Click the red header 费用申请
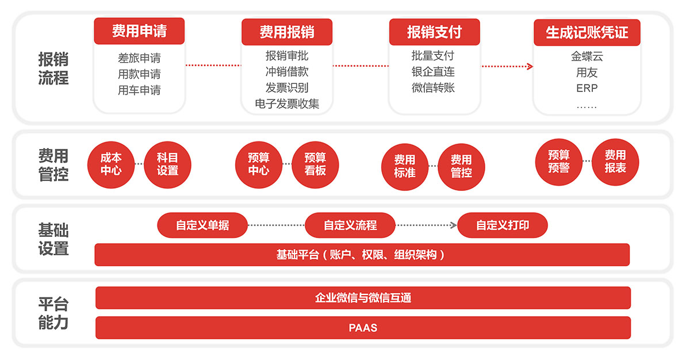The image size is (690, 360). tap(139, 31)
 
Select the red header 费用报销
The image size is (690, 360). tap(286, 32)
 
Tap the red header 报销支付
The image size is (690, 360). tap(434, 32)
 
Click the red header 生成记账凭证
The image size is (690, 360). tap(586, 32)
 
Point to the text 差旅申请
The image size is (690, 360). tap(139, 58)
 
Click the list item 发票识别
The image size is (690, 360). tap(286, 88)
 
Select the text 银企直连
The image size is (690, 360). tap(433, 72)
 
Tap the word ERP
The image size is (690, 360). tap(586, 89)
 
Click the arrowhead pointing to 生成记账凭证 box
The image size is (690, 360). tap(530, 66)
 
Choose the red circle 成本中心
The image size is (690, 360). tap(111, 163)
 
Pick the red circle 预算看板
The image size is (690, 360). tap(315, 163)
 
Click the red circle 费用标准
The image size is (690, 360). tap(405, 166)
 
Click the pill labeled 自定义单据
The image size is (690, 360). tap(202, 225)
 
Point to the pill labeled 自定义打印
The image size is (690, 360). tap(502, 225)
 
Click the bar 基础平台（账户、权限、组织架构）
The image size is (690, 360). tap(362, 255)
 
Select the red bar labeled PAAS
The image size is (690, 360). tap(363, 328)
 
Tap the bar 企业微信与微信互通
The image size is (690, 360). tap(363, 298)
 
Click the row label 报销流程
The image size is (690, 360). tap(53, 68)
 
